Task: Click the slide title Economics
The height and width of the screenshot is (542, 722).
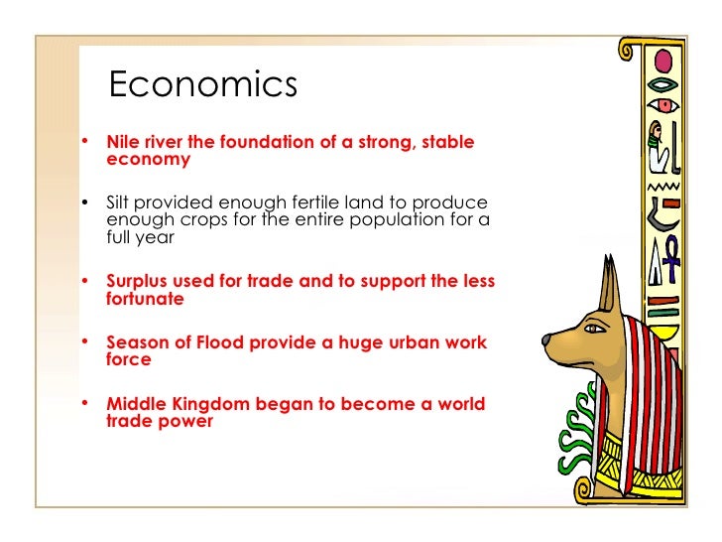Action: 202,85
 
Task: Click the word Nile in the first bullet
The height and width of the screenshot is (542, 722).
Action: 124,142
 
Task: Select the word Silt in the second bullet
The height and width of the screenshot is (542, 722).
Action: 121,202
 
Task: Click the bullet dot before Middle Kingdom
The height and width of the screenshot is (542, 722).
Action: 86,403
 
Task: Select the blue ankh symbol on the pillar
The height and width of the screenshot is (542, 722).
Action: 672,252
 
